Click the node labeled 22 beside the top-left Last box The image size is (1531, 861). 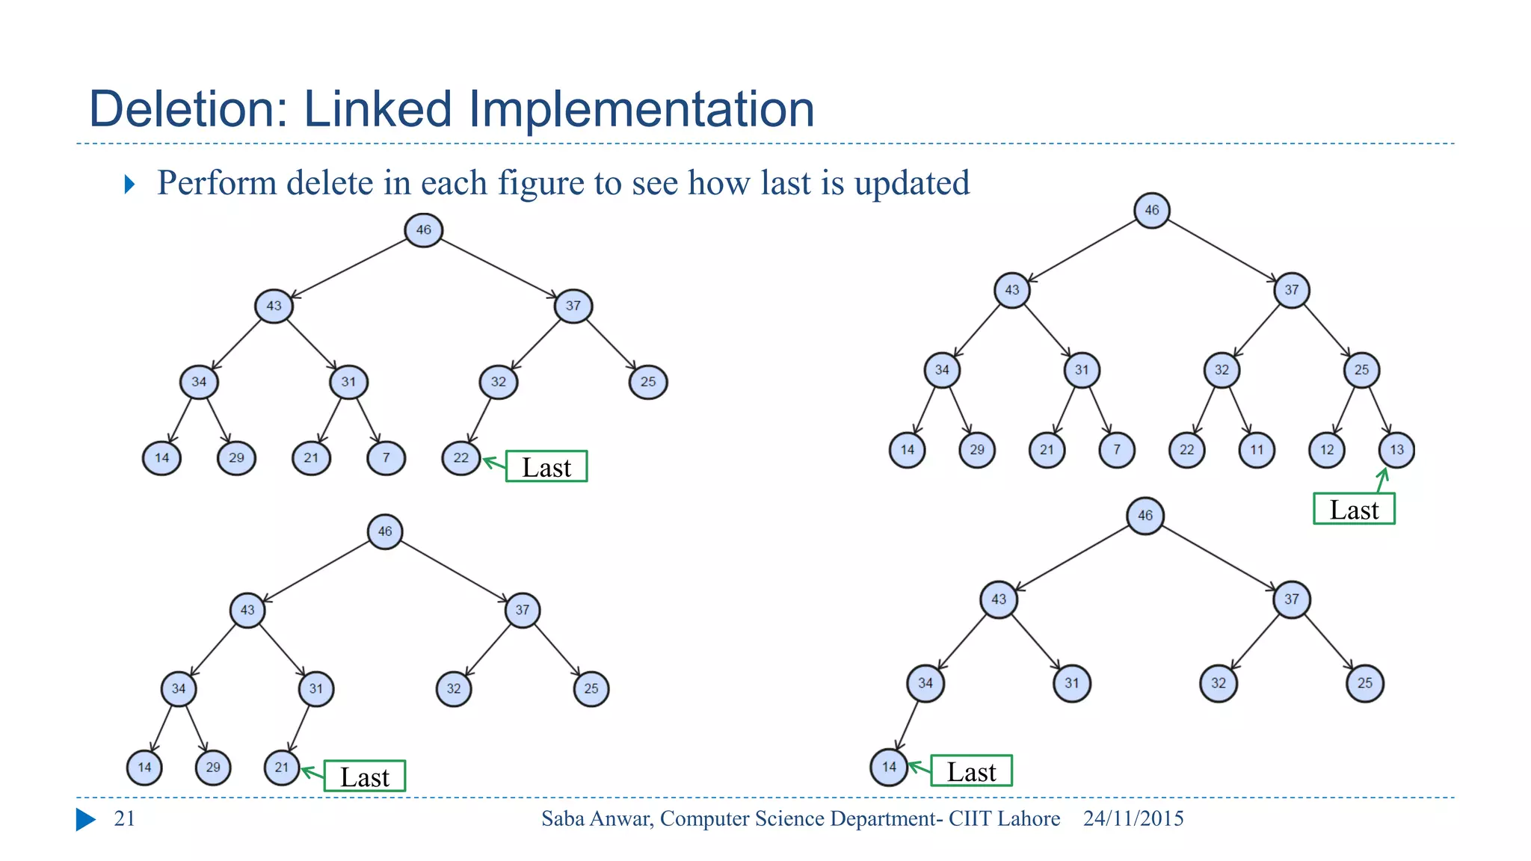click(460, 458)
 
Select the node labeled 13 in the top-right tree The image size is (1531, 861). click(1396, 450)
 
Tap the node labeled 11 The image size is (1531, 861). click(1257, 450)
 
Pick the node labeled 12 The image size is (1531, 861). click(1327, 450)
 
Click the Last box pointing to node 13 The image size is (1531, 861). click(1354, 509)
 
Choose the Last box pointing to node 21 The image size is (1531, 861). click(365, 777)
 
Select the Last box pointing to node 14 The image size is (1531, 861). click(971, 771)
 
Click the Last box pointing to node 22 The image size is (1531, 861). click(546, 466)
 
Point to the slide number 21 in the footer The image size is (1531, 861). click(124, 818)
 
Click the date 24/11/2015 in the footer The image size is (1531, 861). click(1133, 818)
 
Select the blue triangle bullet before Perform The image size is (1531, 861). click(130, 184)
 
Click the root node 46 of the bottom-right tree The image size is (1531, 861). click(1145, 516)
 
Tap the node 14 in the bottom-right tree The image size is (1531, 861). click(889, 767)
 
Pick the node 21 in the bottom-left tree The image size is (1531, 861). click(282, 768)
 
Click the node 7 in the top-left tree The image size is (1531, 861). click(386, 458)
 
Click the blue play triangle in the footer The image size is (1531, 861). click(85, 819)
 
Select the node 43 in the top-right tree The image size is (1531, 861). click(1011, 290)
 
